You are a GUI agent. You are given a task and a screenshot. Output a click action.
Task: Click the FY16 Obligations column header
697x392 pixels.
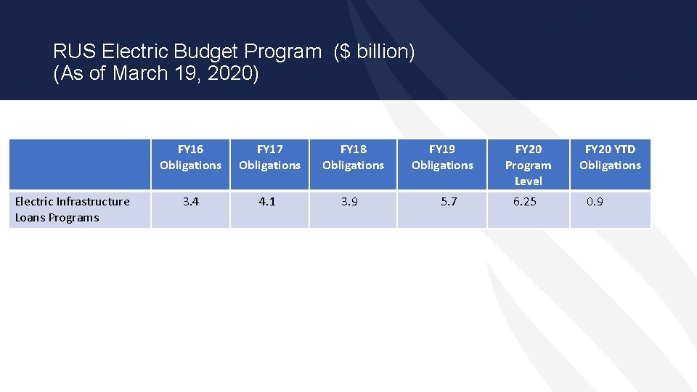[x=190, y=158]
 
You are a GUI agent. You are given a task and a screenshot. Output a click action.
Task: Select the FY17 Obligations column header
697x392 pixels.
[x=269, y=158]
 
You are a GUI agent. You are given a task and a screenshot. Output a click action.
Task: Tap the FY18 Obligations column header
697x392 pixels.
[x=353, y=158]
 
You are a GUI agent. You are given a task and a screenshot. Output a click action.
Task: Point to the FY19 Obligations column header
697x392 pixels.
[x=441, y=158]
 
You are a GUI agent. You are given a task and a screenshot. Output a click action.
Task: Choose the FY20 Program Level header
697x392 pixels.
[x=528, y=165]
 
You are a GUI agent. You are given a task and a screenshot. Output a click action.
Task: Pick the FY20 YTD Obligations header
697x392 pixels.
[x=610, y=158]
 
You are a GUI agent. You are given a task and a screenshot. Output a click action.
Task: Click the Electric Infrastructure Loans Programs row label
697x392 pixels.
[x=72, y=210]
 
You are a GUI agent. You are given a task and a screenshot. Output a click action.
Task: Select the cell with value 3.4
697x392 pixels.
[x=190, y=202]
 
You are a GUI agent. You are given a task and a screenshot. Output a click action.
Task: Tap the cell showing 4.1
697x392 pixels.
[x=267, y=202]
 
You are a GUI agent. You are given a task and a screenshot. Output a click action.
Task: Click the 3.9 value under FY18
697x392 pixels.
[x=349, y=202]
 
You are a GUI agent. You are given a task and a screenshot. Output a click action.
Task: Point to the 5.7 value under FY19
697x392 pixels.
[x=449, y=202]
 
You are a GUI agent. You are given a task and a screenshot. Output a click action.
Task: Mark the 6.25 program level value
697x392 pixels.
[x=524, y=202]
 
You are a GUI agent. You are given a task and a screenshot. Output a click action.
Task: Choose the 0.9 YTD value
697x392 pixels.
[x=595, y=202]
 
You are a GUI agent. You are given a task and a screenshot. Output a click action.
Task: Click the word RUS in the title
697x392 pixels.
[x=75, y=52]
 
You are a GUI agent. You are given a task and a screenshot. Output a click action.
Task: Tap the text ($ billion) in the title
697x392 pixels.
[x=374, y=52]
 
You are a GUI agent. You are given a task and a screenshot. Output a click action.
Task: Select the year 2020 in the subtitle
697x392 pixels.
[x=235, y=74]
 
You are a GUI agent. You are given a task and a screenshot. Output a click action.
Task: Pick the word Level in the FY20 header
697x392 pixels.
[x=528, y=181]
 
